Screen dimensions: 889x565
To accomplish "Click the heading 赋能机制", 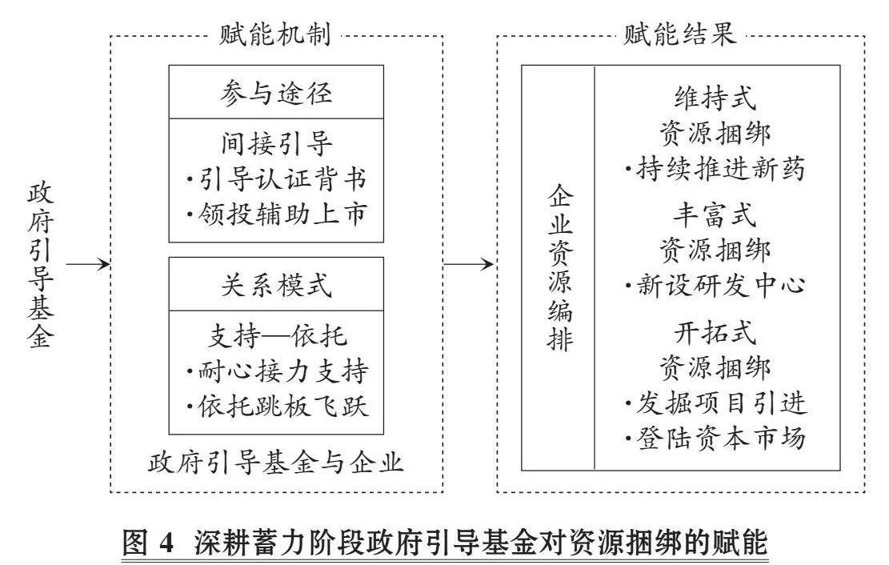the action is point(275,34).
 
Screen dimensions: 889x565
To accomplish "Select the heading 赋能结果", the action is point(680,34).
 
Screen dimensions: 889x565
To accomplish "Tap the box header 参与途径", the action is point(276,93).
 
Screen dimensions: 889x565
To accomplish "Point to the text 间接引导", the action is point(276,144).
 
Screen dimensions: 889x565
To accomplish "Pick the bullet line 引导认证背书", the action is point(276,179).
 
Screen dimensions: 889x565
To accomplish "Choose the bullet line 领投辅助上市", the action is point(276,214).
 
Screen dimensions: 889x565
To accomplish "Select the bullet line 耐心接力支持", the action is point(277,371).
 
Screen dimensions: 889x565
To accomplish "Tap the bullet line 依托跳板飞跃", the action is point(277,407).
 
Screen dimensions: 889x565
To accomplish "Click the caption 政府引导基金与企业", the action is point(276,463).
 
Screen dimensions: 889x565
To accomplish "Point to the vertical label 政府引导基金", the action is point(40,264).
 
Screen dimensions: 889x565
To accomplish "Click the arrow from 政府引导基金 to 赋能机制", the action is point(88,264).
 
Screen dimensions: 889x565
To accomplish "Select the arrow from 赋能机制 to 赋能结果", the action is point(469,264).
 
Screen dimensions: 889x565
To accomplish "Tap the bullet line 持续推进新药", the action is point(715,169).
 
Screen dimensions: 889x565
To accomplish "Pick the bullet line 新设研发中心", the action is point(715,285).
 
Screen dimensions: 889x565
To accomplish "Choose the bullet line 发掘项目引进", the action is point(715,403).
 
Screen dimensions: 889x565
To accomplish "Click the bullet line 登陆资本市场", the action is point(715,438).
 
